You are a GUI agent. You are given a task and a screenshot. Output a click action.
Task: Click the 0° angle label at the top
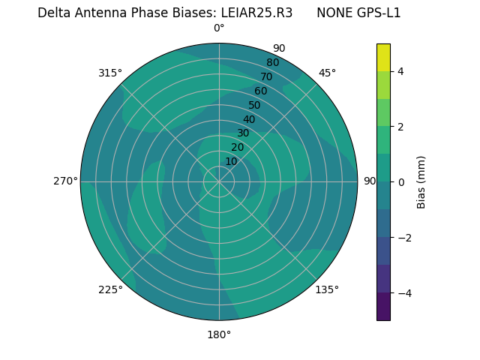[x=219, y=28]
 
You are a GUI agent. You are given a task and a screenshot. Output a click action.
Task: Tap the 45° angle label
[x=327, y=73]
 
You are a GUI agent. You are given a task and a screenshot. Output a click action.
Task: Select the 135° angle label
[x=327, y=289]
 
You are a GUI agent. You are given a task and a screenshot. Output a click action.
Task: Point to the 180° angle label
[x=219, y=334]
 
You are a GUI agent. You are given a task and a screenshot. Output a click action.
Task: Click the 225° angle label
[x=110, y=289]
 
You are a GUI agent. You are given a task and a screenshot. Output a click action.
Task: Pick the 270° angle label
[x=65, y=181]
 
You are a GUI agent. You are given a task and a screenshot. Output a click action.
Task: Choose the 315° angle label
[x=110, y=73]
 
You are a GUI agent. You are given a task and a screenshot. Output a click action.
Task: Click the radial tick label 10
[x=231, y=161]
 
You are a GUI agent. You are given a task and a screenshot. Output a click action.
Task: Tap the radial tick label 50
[x=254, y=105]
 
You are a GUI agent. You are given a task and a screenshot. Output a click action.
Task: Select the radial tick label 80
[x=272, y=62]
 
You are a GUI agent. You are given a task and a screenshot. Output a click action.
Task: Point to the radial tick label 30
[x=243, y=133]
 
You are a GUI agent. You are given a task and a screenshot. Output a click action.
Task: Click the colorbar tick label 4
[x=401, y=71]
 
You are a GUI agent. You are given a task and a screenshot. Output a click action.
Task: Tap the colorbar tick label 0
[x=401, y=181]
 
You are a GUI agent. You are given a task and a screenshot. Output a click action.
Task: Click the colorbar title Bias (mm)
[x=421, y=181]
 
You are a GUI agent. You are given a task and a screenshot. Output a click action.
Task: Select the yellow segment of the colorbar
[x=383, y=58]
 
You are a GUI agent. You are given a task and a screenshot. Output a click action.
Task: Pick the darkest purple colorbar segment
[x=383, y=306]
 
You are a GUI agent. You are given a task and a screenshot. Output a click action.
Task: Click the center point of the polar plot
[x=219, y=181]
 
